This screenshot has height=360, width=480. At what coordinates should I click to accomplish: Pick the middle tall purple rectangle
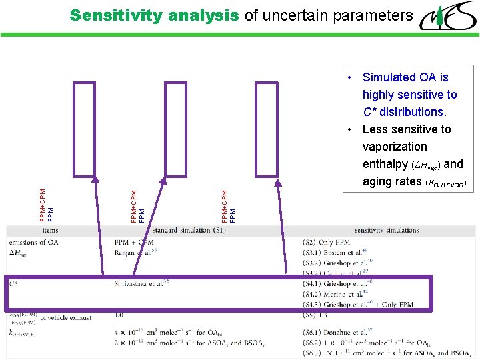click(x=176, y=127)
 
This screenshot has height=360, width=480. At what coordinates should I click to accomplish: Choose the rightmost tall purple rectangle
click(x=267, y=127)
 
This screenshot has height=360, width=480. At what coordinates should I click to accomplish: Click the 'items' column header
click(x=50, y=231)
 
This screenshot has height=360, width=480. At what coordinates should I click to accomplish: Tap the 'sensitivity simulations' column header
click(x=387, y=231)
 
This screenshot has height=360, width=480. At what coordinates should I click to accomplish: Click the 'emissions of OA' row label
click(x=34, y=242)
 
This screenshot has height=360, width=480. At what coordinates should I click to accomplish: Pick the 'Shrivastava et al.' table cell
click(x=140, y=283)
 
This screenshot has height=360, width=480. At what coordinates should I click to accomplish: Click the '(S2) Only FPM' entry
click(x=326, y=242)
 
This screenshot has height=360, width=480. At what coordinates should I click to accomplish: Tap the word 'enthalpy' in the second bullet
click(x=384, y=164)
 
